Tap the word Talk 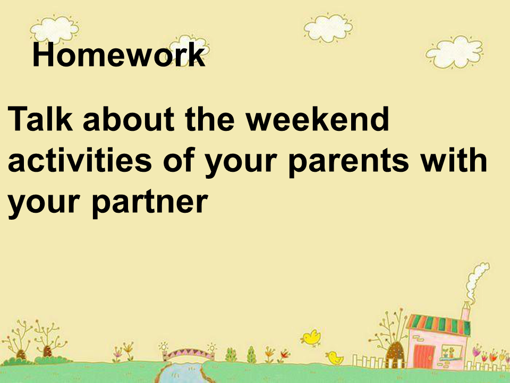pos(40,119)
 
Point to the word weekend pos(317,119)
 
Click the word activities pos(80,160)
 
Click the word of pos(178,160)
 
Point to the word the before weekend pos(210,119)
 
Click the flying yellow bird pos(311,337)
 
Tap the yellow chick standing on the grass pos(335,357)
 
